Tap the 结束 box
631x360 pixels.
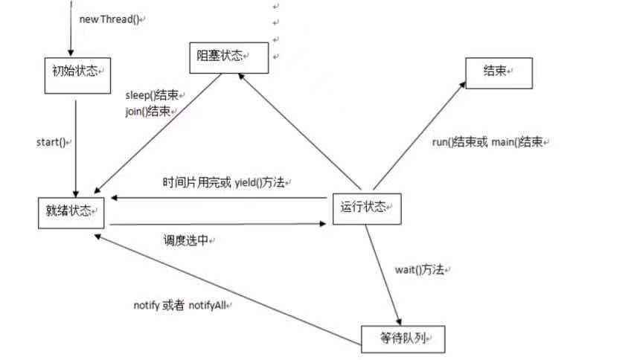499,71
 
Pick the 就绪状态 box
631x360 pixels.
70,211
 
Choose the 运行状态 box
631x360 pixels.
365,208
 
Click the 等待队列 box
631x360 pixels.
403,339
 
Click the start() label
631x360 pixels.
54,141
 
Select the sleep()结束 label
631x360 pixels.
153,97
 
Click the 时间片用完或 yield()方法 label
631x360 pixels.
226,182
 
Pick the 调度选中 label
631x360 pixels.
188,241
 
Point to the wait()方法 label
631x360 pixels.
421,270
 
